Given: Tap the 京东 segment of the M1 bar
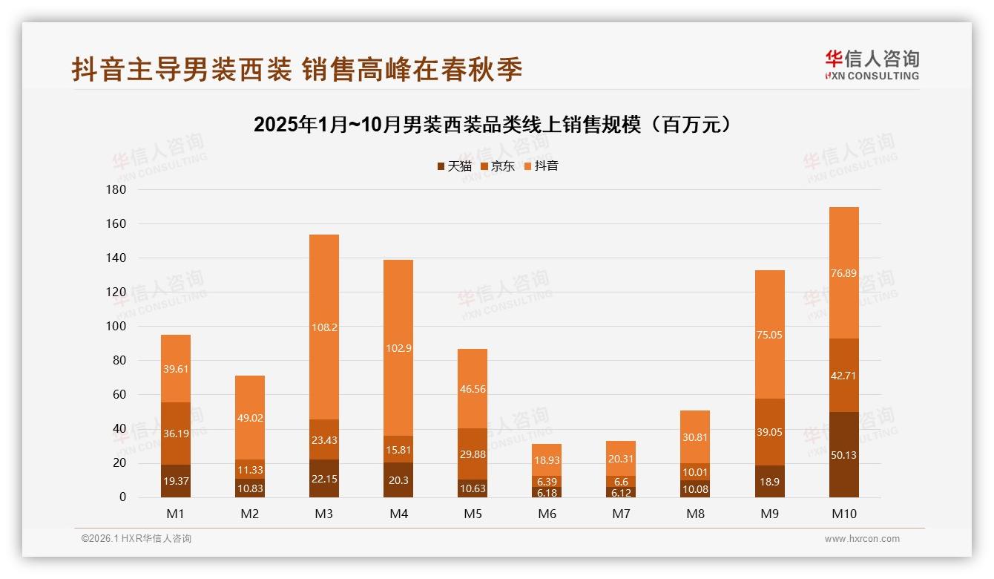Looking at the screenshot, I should click(x=176, y=433).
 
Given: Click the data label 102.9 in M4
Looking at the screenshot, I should click(x=398, y=348).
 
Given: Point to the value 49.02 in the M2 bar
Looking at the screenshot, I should click(x=250, y=418).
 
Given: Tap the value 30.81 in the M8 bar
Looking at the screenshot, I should click(x=695, y=437).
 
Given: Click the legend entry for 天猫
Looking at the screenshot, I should click(x=454, y=166).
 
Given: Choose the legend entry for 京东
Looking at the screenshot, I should click(x=498, y=166).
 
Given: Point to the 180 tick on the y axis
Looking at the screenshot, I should click(x=117, y=190).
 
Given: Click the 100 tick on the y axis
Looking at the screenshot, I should click(x=117, y=327).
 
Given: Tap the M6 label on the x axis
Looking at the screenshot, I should click(x=547, y=514).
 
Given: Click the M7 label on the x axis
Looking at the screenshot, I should click(x=621, y=514).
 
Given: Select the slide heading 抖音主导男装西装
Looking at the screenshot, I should click(x=297, y=69).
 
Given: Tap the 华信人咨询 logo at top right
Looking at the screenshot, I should click(x=872, y=65).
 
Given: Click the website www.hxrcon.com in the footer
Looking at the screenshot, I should click(x=862, y=539).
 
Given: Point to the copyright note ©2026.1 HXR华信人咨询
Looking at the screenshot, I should click(x=136, y=539).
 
